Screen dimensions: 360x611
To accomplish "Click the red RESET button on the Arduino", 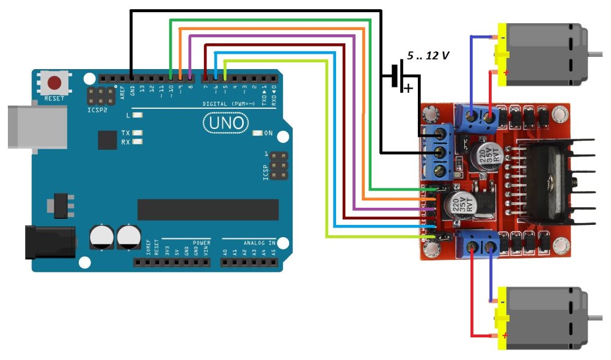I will point(55,83).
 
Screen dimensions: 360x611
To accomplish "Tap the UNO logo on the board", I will point(226,123).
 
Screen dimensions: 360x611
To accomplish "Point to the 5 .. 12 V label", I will point(428,56).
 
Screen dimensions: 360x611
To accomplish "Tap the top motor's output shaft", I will point(598,54).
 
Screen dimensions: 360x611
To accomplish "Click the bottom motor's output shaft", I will point(598,319).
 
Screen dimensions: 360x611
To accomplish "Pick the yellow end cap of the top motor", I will point(502,54).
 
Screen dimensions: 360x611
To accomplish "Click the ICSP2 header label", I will point(97,111).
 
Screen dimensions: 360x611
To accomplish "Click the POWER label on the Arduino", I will point(202,243).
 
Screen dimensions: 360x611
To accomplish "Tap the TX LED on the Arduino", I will point(138,133).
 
